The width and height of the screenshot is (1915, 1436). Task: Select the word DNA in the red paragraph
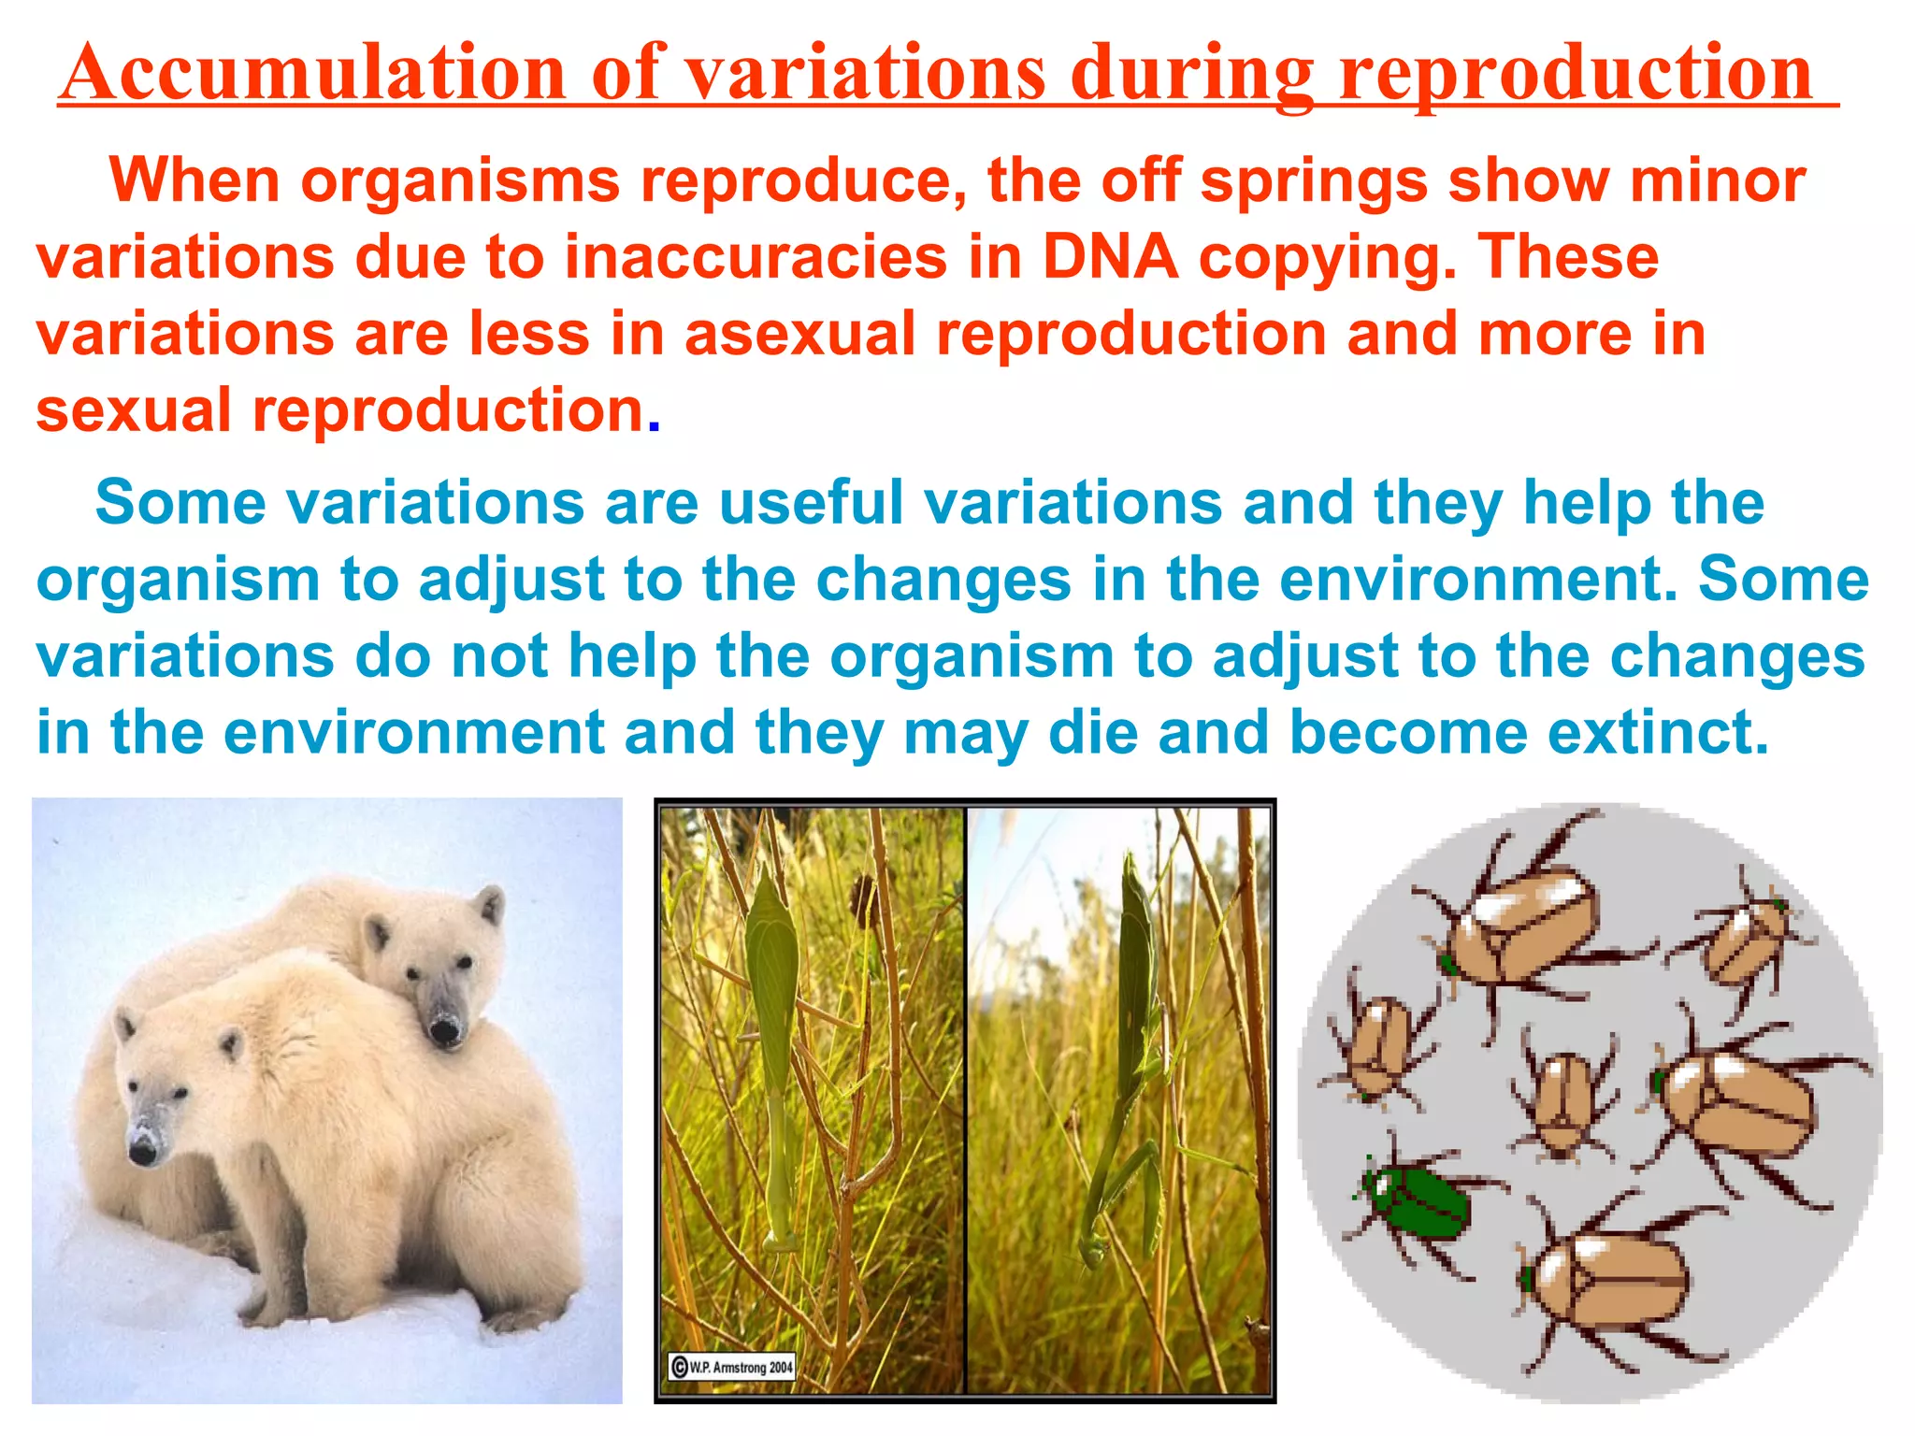point(1110,257)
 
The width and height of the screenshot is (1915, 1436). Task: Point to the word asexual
point(799,334)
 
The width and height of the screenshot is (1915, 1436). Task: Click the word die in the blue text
point(1093,732)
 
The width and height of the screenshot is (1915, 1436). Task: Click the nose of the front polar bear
point(142,1154)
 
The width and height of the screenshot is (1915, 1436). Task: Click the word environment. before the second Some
point(1477,580)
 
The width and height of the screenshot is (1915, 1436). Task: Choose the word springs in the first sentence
point(1313,180)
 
